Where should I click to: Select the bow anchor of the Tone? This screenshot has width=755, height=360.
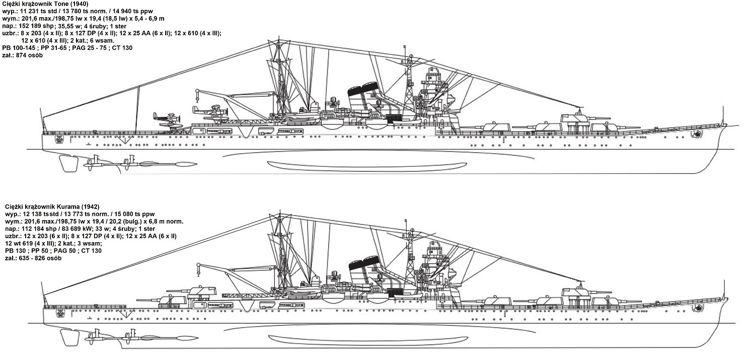(697, 134)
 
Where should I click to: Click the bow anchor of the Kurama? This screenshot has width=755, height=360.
(697, 308)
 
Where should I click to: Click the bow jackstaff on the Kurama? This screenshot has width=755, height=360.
(724, 290)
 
